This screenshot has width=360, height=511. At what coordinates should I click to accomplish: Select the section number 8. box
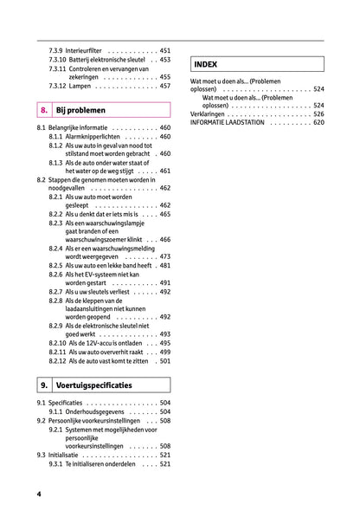click(43, 110)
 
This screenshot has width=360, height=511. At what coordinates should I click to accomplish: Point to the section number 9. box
click(43, 384)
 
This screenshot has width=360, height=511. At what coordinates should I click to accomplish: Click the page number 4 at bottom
click(39, 493)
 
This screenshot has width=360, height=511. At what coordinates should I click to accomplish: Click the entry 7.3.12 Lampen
click(79, 86)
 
